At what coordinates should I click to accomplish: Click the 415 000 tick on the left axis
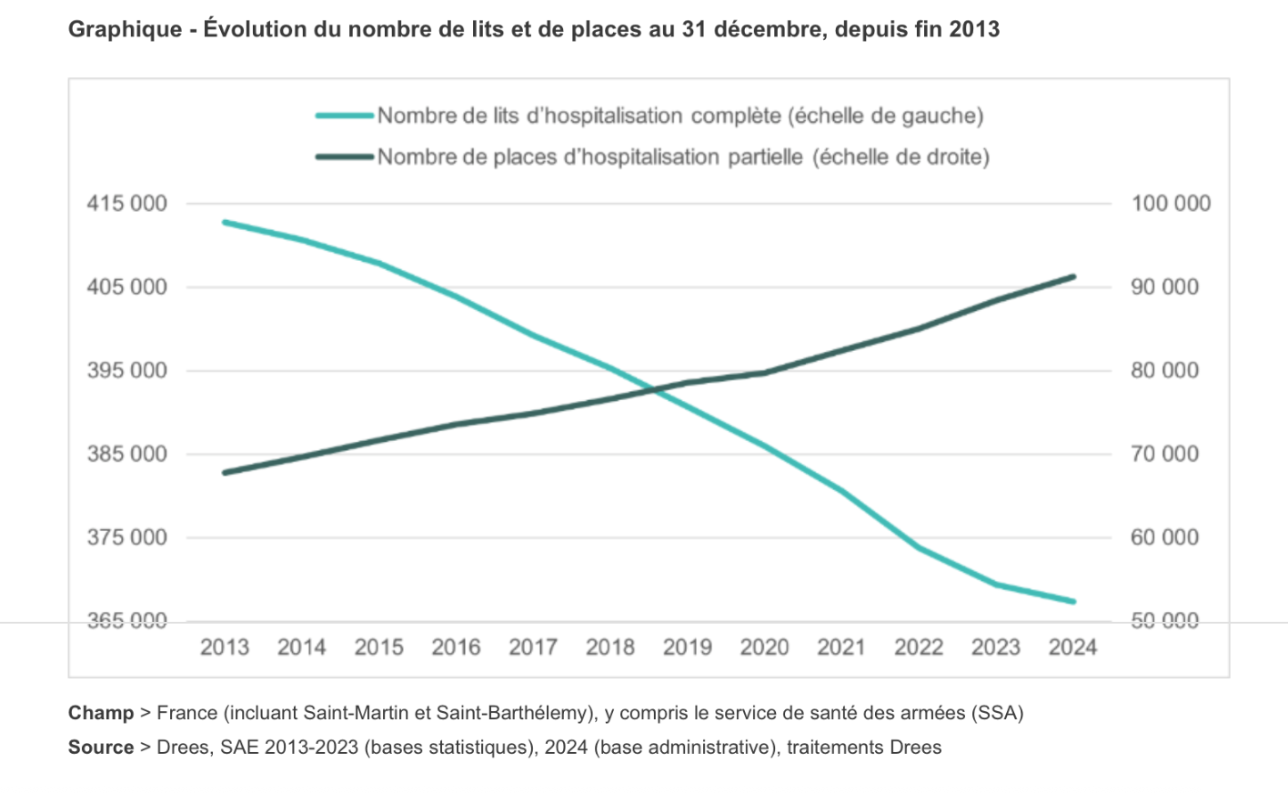click(x=127, y=203)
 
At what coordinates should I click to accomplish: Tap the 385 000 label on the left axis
click(x=127, y=454)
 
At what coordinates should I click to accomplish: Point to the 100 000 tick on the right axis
click(x=1171, y=203)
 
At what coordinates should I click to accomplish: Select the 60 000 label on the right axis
click(x=1165, y=537)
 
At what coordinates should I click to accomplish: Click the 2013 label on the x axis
click(x=225, y=647)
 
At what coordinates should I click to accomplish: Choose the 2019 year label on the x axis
click(x=687, y=647)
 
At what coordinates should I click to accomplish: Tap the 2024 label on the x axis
click(x=1072, y=647)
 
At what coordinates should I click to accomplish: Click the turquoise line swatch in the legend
click(x=345, y=115)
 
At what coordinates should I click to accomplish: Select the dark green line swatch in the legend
click(x=345, y=156)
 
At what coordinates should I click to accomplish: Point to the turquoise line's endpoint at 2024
click(x=1073, y=601)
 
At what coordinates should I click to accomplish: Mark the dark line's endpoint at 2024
click(x=1073, y=276)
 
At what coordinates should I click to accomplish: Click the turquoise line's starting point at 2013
click(x=225, y=222)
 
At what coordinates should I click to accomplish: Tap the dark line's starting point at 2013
click(x=225, y=473)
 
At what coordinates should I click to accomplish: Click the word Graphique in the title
click(x=126, y=29)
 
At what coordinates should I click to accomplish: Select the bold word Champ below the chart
click(x=100, y=713)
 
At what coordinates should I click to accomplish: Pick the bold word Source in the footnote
click(x=100, y=748)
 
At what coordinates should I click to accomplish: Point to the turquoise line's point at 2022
click(x=919, y=547)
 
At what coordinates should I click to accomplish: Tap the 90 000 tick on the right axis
click(x=1165, y=286)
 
